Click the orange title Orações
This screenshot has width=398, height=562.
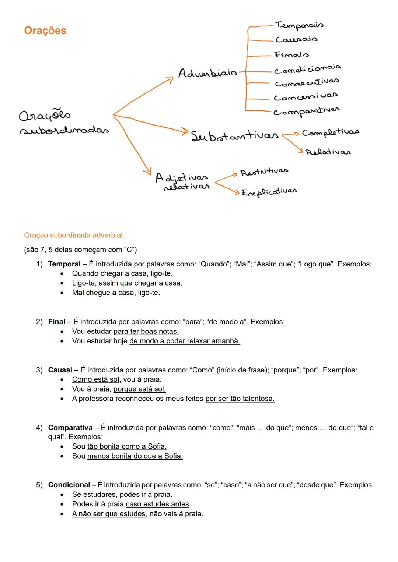[45, 31]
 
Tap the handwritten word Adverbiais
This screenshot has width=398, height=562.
[207, 73]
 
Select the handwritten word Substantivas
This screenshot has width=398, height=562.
[235, 136]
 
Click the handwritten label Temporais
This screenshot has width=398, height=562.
[299, 25]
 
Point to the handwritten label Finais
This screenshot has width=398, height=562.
[291, 55]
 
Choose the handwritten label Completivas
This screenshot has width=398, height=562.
[330, 132]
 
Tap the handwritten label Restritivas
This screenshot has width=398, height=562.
[264, 172]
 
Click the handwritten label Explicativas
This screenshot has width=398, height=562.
[269, 192]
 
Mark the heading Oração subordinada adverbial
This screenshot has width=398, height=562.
[74, 235]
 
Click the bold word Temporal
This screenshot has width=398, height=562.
[64, 264]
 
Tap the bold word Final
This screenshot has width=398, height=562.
[56, 322]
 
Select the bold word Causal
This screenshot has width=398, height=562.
[60, 370]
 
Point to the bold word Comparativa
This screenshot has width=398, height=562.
[70, 428]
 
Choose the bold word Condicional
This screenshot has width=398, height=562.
[69, 485]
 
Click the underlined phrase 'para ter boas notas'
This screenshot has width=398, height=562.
[146, 331]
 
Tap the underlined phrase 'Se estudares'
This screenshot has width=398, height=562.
[94, 494]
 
